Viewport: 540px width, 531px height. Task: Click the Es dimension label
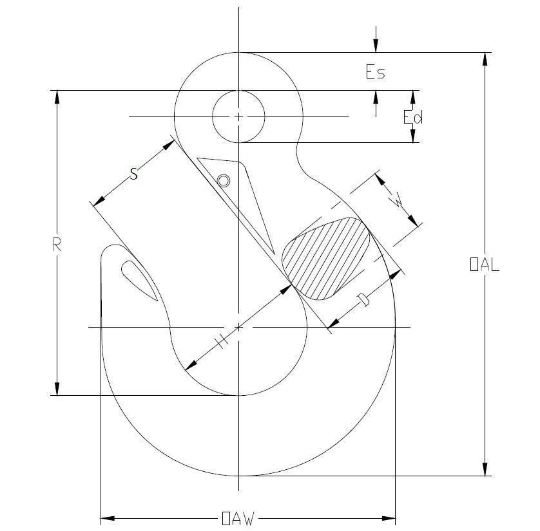(x=375, y=71)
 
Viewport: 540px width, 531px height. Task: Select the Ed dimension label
(x=412, y=117)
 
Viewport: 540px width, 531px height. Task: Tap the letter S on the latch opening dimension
(x=133, y=173)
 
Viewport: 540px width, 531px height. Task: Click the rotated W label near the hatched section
(x=400, y=202)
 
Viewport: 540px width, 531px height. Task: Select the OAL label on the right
(x=485, y=265)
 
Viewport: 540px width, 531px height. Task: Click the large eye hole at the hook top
(x=238, y=116)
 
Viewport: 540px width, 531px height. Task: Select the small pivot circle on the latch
(x=223, y=181)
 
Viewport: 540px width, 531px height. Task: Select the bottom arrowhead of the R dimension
(x=57, y=389)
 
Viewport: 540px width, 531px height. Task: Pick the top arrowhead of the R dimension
(x=57, y=97)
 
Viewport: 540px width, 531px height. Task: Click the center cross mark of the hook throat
(x=238, y=327)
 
